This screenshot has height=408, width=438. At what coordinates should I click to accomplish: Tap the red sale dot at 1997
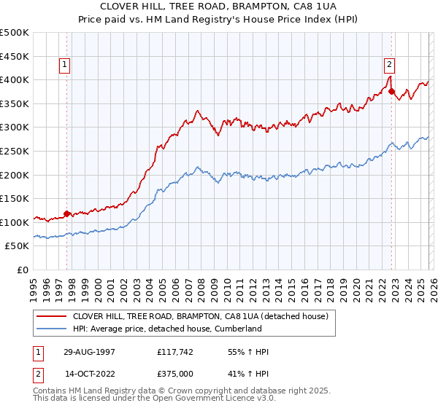tap(67, 214)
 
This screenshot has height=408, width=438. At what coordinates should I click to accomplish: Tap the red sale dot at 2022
tap(392, 92)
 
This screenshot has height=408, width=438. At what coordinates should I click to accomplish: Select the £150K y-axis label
tap(15, 198)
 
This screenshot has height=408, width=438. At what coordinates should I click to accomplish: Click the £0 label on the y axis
tap(22, 270)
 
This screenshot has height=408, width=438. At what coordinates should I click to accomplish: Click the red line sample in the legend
tap(51, 316)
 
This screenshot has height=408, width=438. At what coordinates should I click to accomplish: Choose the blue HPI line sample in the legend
tap(51, 329)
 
